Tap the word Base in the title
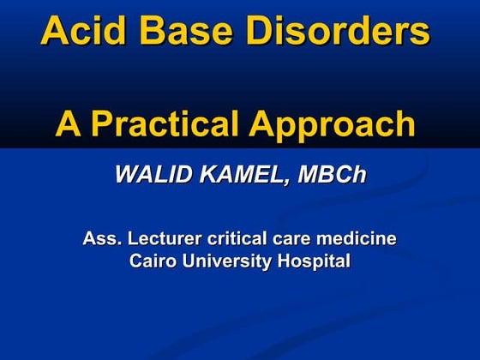[182, 31]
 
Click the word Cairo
[152, 261]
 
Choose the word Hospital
[314, 261]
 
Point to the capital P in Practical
[104, 124]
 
